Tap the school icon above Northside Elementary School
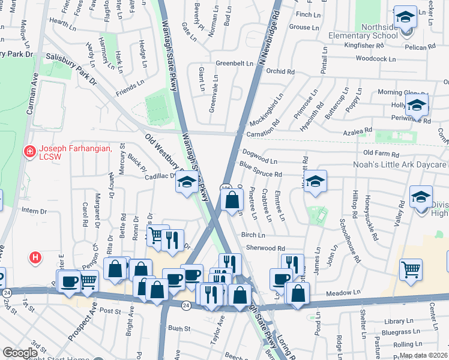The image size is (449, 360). point(405,17)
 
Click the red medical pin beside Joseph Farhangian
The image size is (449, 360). point(28,151)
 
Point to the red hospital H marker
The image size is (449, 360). point(36,257)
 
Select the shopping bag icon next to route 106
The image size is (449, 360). point(232,200)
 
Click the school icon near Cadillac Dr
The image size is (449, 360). point(187,182)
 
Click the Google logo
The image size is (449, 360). point(20,353)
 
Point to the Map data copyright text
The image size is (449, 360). point(423,355)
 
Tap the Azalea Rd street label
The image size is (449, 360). point(359,130)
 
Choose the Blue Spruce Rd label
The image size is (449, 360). point(261,170)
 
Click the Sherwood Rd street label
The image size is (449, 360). point(264,248)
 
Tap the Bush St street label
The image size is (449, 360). point(179,328)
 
